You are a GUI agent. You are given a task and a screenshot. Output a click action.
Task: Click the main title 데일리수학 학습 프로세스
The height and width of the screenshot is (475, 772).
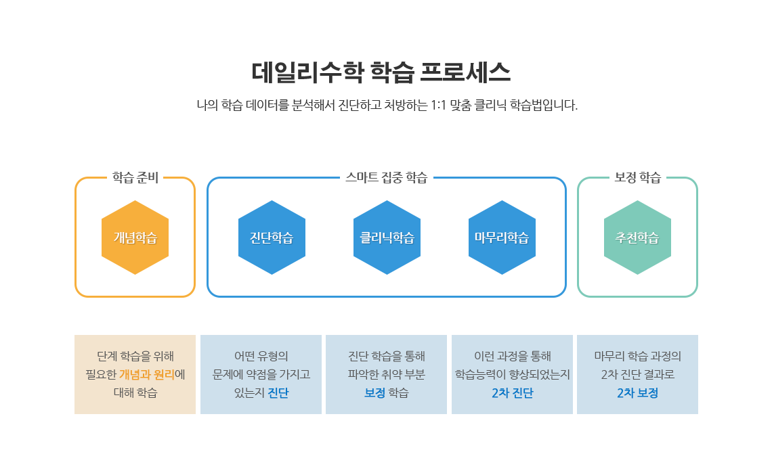click(381, 72)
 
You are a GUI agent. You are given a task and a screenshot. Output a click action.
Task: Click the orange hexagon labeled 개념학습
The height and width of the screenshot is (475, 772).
click(135, 237)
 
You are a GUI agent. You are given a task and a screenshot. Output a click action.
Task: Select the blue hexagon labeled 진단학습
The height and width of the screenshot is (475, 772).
click(272, 237)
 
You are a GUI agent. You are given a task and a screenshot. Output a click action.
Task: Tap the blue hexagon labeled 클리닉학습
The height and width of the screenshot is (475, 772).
click(387, 237)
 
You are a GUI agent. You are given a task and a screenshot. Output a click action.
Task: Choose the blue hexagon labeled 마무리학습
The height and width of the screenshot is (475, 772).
click(502, 237)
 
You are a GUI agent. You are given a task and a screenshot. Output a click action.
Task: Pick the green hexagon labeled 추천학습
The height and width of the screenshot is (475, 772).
click(638, 237)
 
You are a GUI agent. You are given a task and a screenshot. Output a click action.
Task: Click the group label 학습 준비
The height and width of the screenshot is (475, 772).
click(135, 177)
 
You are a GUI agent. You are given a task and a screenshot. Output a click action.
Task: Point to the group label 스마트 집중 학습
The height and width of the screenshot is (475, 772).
click(387, 177)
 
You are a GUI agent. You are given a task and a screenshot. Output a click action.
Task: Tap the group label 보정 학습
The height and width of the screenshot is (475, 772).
click(638, 177)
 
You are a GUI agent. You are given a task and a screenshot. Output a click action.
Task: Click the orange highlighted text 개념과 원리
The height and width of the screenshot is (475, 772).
click(147, 375)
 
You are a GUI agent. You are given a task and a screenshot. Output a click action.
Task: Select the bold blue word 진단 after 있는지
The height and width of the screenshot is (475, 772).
click(278, 393)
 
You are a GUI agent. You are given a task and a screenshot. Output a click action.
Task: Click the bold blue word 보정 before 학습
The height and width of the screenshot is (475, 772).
click(374, 393)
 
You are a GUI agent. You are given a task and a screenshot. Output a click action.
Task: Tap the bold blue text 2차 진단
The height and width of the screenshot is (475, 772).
click(512, 393)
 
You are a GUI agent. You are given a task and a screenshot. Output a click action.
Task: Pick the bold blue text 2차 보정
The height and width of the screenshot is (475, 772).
click(638, 393)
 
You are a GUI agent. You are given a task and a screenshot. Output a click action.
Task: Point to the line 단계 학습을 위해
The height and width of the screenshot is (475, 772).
click(135, 356)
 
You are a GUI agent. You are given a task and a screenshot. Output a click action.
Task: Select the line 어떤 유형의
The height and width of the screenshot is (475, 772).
click(261, 356)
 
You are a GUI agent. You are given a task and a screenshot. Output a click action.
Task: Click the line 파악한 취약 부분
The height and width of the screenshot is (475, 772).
click(387, 375)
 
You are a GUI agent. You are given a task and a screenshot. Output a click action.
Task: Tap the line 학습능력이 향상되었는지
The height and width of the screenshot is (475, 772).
click(512, 375)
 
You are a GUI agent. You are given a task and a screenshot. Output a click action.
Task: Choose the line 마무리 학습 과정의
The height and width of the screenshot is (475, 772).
click(638, 356)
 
